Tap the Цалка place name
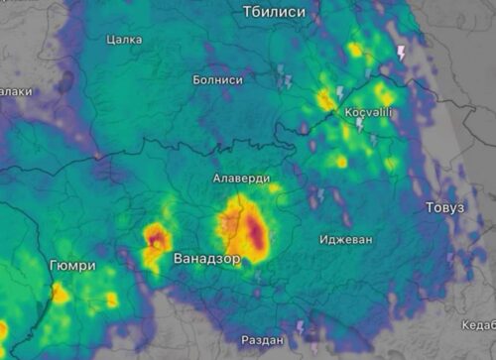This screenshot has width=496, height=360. pos(123,40)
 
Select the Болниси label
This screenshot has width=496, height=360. pos(217,79)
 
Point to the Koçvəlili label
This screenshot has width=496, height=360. pos(368,112)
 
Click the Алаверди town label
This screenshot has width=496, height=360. pos(239,179)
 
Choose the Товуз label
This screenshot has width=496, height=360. pos(443,207)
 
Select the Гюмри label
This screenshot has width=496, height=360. pos(72,266)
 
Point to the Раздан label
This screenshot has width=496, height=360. pos(262,340)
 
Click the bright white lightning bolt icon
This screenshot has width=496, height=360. pos(401,53)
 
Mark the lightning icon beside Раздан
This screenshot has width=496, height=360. pos(301,326)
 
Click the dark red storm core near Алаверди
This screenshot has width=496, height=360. pos(257,234)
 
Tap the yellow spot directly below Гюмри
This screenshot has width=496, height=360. pos(62,293)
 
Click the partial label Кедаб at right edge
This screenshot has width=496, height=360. pos(478,324)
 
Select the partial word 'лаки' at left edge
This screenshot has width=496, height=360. pos(14,91)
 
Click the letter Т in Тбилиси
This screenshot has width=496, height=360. pos(247,11)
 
